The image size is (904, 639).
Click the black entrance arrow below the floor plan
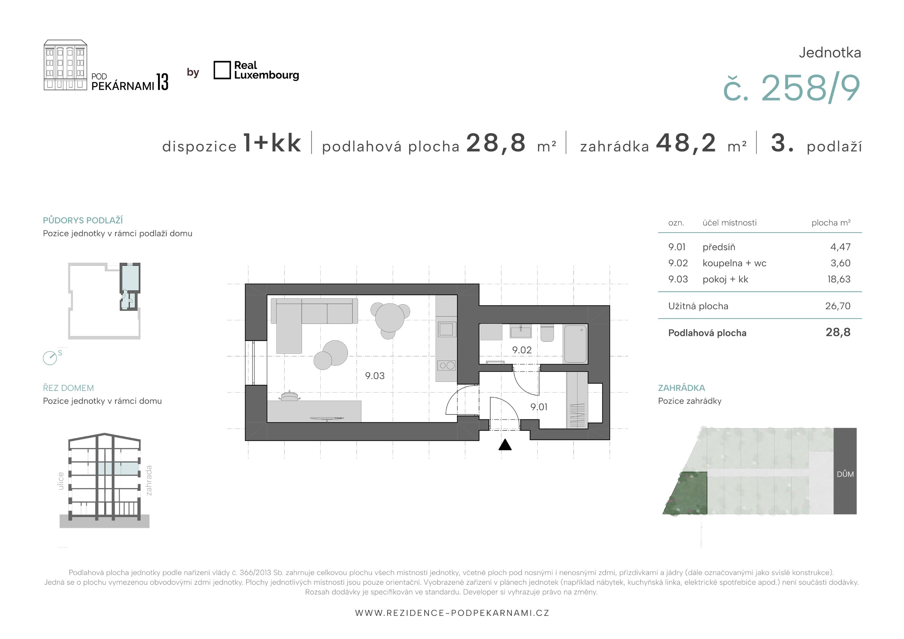505,445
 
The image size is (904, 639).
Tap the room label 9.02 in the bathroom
522,350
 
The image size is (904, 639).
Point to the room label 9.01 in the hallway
539,407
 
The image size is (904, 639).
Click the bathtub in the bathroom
575,344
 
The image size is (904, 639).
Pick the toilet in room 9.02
547,333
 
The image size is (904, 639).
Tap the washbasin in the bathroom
520,332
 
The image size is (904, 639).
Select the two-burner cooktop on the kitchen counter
447,365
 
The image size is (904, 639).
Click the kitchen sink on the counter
447,329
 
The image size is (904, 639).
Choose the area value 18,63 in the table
839,279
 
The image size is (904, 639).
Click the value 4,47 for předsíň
840,247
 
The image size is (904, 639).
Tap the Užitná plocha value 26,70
838,306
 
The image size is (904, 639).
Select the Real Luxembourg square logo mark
222,70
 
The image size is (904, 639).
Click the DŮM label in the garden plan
845,474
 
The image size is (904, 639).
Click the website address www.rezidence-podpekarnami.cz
452,613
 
